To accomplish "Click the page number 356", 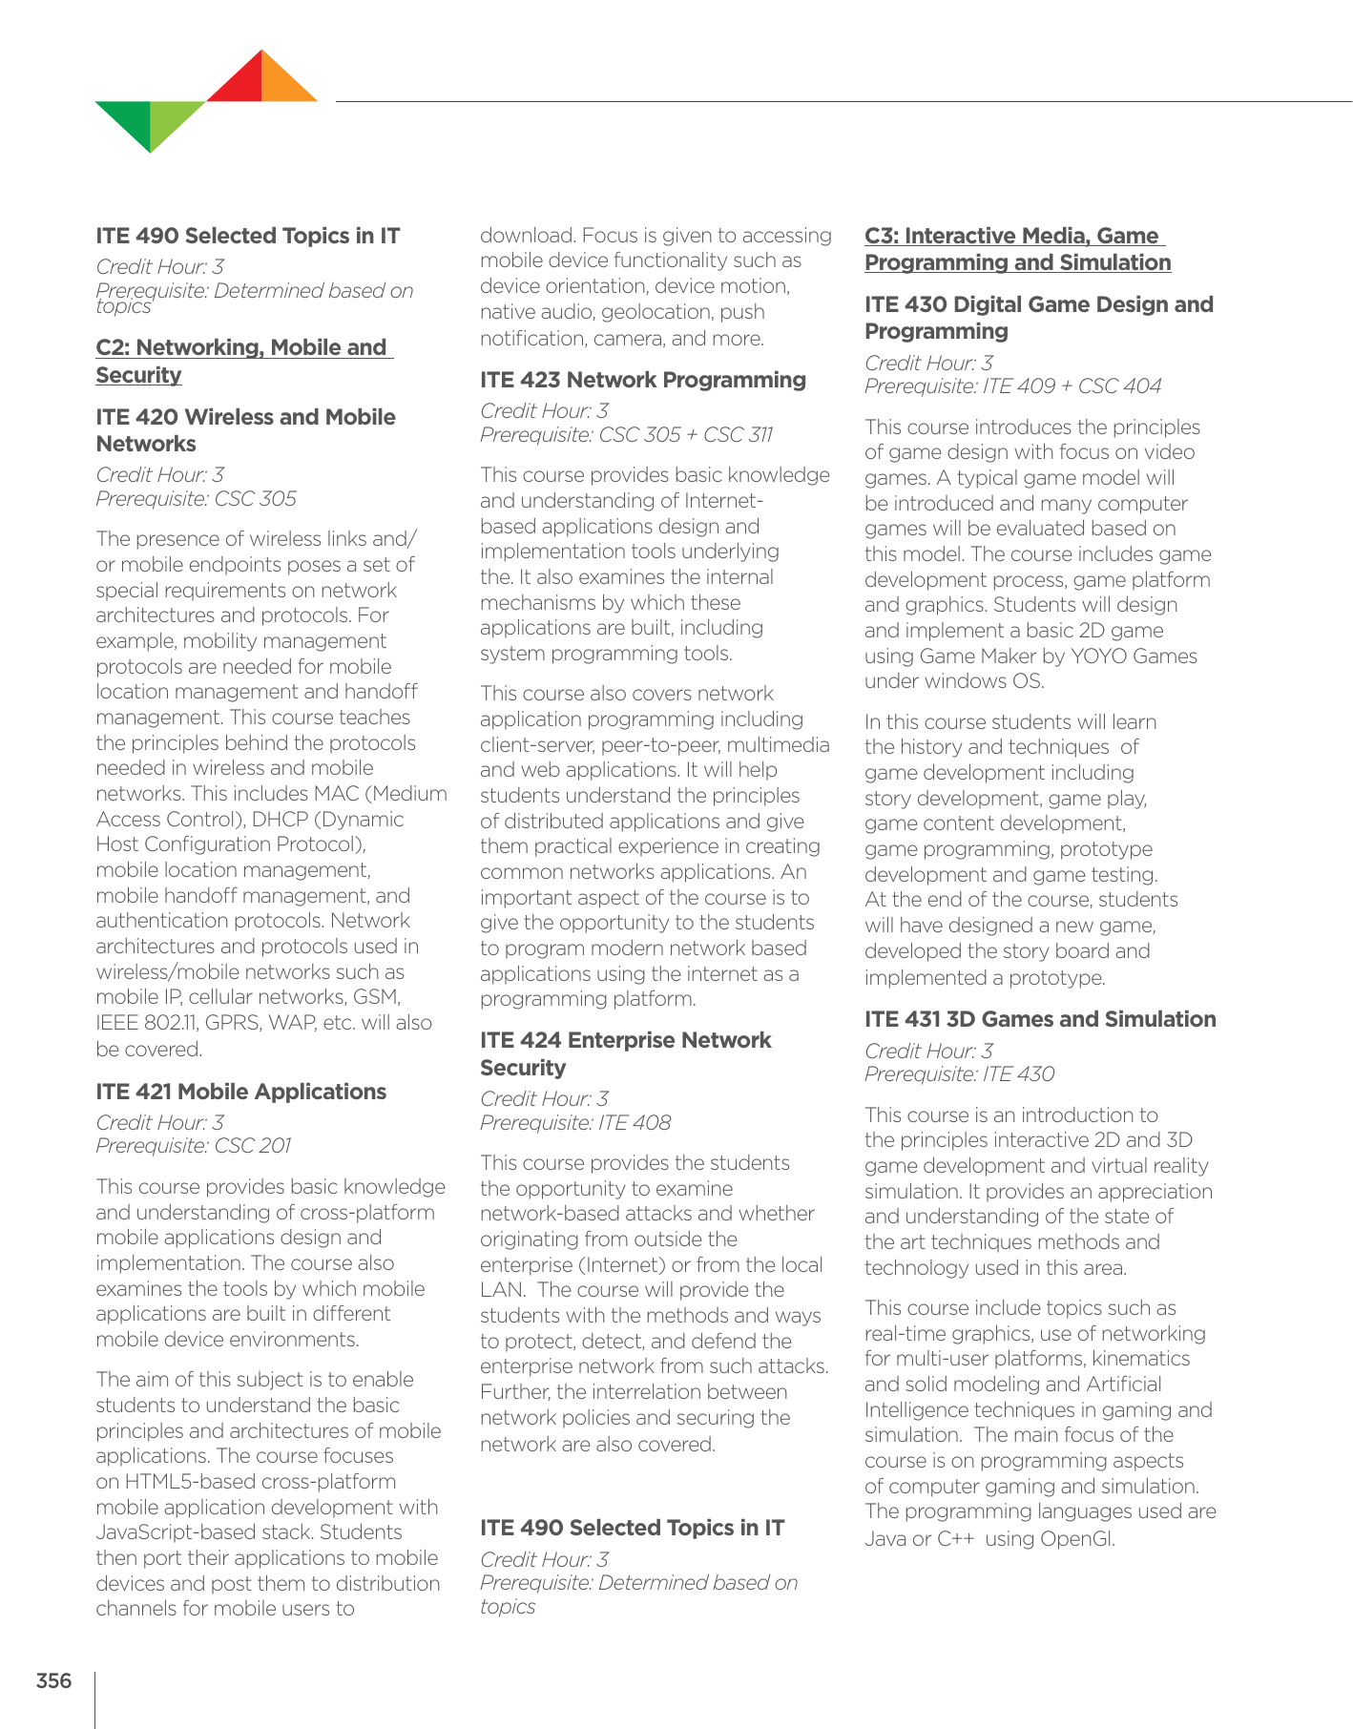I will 53,1680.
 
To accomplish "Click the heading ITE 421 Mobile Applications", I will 240,1092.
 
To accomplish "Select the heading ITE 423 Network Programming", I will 642,380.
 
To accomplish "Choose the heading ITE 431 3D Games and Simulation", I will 1040,1019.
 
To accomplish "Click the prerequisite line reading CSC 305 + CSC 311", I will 626,435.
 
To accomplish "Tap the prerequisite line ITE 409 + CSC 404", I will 1012,386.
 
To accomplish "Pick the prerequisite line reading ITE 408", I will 575,1123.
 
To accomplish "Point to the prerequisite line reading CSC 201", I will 194,1146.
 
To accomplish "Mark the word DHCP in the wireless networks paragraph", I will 283,820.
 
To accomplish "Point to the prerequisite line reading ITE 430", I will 959,1074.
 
